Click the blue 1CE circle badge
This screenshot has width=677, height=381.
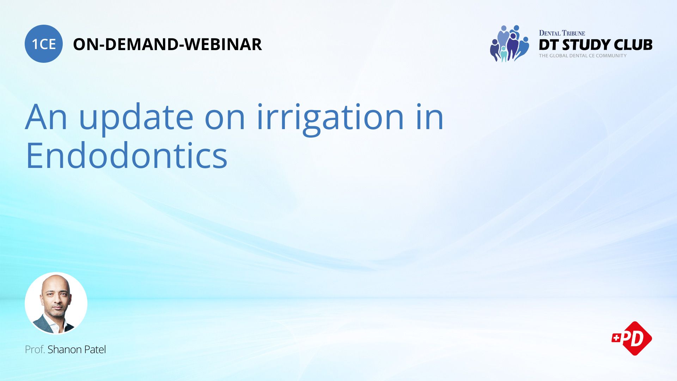pyautogui.click(x=44, y=44)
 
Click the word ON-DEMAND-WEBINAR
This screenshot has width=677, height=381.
pyautogui.click(x=167, y=44)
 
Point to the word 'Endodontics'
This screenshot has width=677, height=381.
pyautogui.click(x=126, y=156)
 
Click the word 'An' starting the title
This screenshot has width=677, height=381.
pyautogui.click(x=46, y=118)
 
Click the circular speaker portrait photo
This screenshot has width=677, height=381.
pyautogui.click(x=56, y=303)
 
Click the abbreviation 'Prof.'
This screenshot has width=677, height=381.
pyautogui.click(x=35, y=350)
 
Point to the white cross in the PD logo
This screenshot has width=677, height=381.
pyautogui.click(x=616, y=338)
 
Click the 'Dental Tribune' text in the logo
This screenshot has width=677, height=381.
pyautogui.click(x=562, y=33)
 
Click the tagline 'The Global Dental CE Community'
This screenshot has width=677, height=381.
pyautogui.click(x=583, y=56)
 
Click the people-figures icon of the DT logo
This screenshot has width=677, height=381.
pyautogui.click(x=509, y=43)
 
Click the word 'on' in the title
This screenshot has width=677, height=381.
pyautogui.click(x=225, y=118)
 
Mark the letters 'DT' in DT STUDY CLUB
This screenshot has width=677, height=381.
pyautogui.click(x=549, y=45)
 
